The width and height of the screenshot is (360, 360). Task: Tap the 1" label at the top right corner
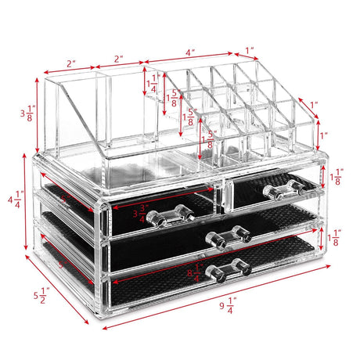point(250,51)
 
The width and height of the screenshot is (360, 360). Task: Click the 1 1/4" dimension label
point(153,83)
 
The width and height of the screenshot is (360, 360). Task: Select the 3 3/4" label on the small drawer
point(141,214)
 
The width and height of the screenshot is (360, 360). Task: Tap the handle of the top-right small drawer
point(283,188)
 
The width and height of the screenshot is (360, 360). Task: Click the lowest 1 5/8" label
point(207,141)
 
